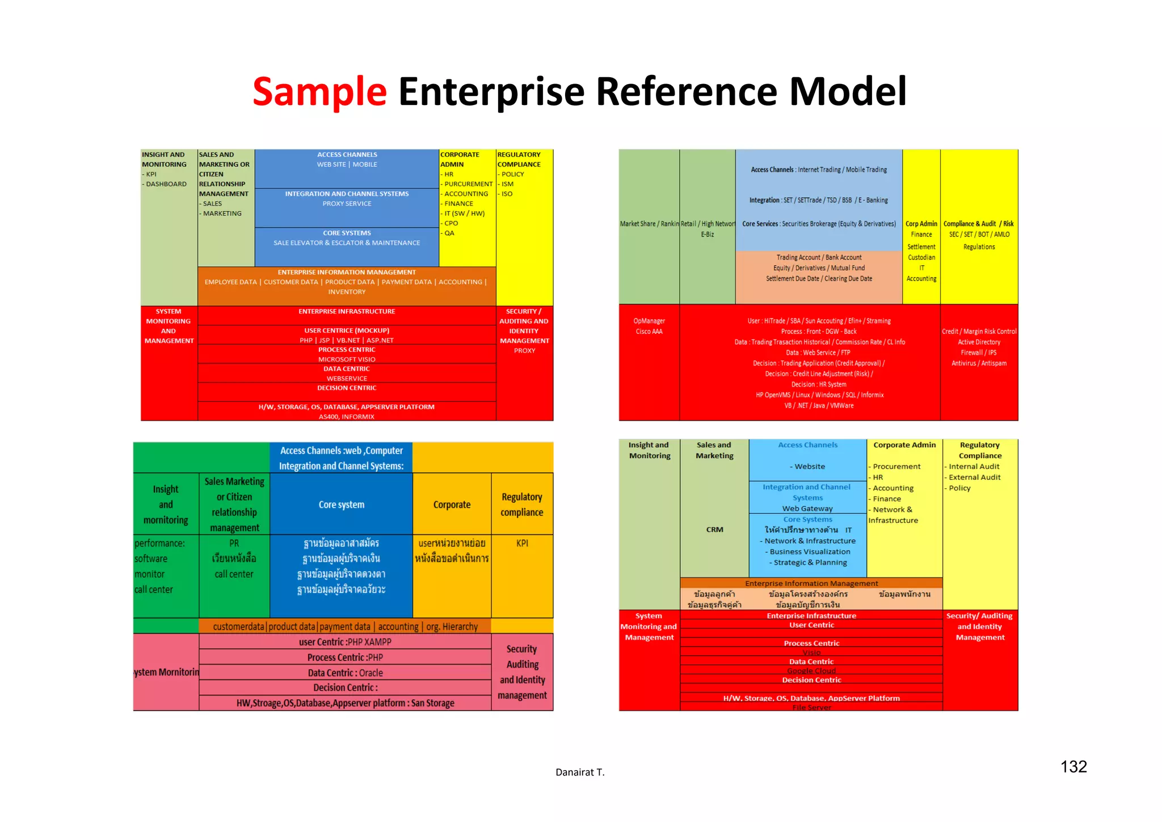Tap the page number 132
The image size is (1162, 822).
click(x=1073, y=767)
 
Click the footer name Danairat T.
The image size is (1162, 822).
click(x=580, y=772)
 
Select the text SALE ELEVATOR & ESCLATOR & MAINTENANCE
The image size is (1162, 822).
click(x=347, y=243)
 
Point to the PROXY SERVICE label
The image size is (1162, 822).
click(x=347, y=204)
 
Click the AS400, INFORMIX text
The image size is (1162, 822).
click(x=346, y=417)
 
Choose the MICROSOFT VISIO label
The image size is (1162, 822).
click(x=347, y=359)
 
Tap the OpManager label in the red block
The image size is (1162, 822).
click(x=649, y=321)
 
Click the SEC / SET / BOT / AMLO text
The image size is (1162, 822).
click(x=979, y=234)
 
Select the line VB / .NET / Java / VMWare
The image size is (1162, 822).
click(x=819, y=406)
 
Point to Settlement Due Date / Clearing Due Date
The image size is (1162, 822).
click(x=819, y=279)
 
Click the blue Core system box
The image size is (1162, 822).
click(x=341, y=505)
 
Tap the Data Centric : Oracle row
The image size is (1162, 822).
click(x=345, y=673)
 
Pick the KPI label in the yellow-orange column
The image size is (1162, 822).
click(x=522, y=543)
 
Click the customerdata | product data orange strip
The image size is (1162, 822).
click(x=345, y=627)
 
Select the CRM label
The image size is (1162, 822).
click(x=714, y=530)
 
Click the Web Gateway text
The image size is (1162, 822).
click(x=807, y=509)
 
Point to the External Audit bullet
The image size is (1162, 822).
click(x=974, y=477)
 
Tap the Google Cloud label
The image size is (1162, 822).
click(x=811, y=671)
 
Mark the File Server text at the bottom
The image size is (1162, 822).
click(x=811, y=707)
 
